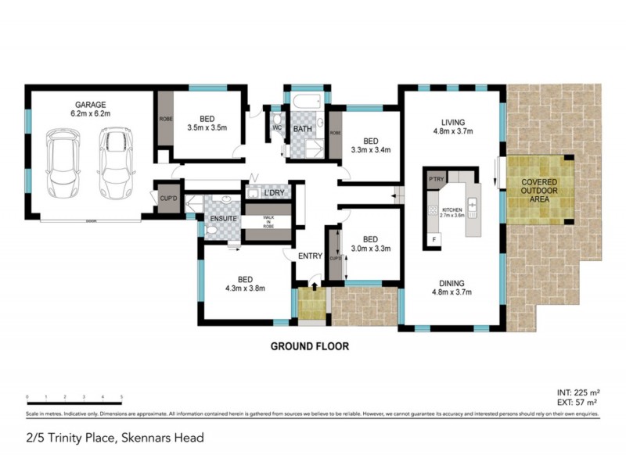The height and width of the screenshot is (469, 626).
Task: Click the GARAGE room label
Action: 90,104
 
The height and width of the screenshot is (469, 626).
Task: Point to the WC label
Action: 277,128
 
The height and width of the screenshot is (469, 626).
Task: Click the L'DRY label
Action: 274,193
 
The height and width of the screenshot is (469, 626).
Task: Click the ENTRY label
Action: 310,255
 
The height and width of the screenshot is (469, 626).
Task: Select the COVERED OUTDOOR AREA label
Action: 539,189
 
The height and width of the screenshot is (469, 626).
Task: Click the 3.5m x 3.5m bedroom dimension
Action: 207,127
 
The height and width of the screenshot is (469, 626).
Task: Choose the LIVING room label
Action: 453,122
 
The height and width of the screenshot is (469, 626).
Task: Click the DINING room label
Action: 452,283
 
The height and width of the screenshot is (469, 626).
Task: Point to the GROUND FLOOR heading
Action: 309,345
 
